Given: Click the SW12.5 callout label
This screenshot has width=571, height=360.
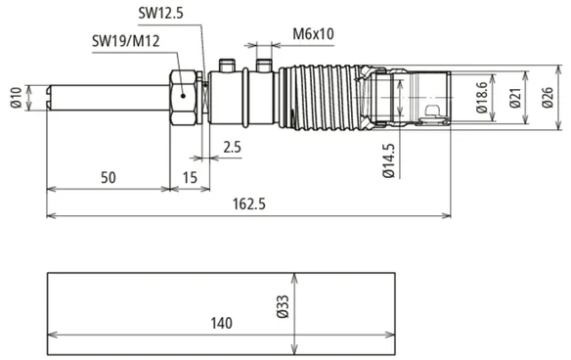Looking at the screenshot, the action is click(160, 13).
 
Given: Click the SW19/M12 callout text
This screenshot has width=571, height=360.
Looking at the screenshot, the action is click(125, 41).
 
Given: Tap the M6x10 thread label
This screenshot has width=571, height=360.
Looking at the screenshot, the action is click(313, 34).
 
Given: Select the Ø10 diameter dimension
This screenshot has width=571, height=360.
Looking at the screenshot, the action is click(17, 98).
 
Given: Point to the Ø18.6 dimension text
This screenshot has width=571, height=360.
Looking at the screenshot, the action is click(481, 97).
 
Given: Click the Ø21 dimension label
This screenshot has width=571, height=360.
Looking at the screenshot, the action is click(515, 98).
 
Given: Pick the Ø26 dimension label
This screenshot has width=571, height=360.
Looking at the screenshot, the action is click(548, 98).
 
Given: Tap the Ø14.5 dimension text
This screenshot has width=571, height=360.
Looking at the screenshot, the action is click(389, 160).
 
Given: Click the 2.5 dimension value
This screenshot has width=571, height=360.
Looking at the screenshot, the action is click(232, 147).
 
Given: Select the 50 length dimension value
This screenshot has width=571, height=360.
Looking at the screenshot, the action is click(109, 177).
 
